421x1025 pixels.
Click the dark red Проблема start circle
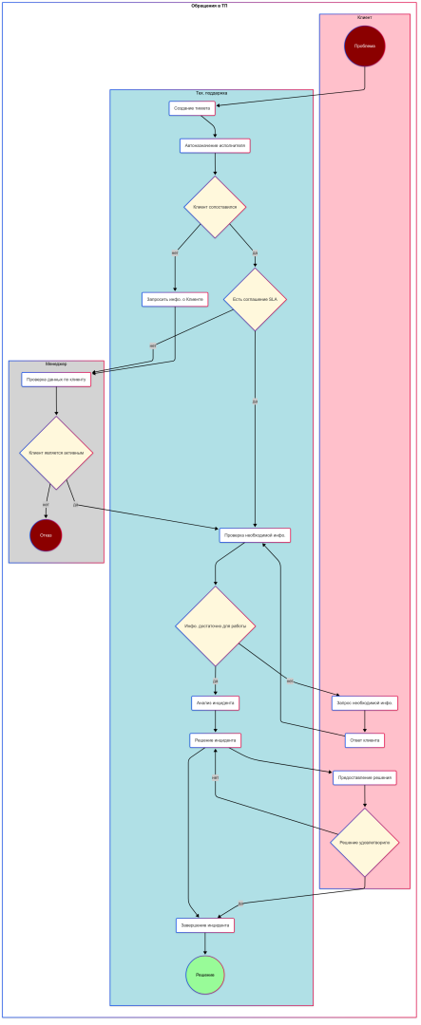(x=365, y=46)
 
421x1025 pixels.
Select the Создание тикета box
(x=192, y=108)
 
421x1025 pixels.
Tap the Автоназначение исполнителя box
(x=215, y=145)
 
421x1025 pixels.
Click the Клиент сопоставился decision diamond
(x=215, y=207)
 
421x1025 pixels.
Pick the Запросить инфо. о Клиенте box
(x=175, y=299)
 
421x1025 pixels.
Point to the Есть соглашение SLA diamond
(x=255, y=299)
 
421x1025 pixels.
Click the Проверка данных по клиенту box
(x=56, y=380)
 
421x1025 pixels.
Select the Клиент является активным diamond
(x=56, y=453)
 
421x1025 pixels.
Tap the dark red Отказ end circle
(x=46, y=535)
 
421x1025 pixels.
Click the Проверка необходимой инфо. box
(x=255, y=535)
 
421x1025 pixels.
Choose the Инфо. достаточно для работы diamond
(x=215, y=625)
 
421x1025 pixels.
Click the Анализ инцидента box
(x=215, y=703)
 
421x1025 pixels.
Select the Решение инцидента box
(x=215, y=740)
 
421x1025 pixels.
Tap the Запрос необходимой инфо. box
(x=365, y=703)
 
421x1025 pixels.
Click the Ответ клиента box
(x=365, y=740)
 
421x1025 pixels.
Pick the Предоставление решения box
(x=365, y=777)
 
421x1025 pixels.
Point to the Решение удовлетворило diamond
(x=365, y=842)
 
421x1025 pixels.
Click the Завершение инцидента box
(x=205, y=924)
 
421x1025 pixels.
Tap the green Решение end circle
(x=205, y=975)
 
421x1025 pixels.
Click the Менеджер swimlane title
(x=56, y=364)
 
